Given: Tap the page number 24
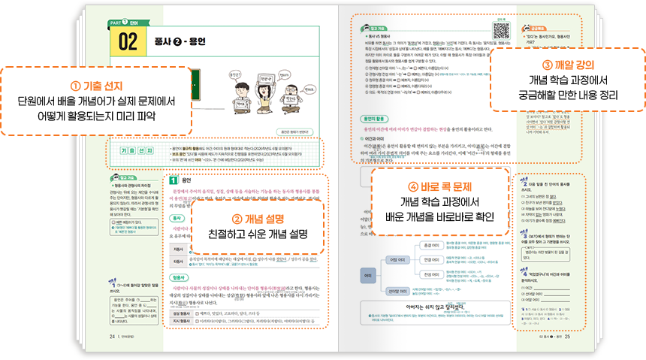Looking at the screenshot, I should pyautogui.click(x=112, y=336).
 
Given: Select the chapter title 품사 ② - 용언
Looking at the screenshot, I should pyautogui.click(x=180, y=41).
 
